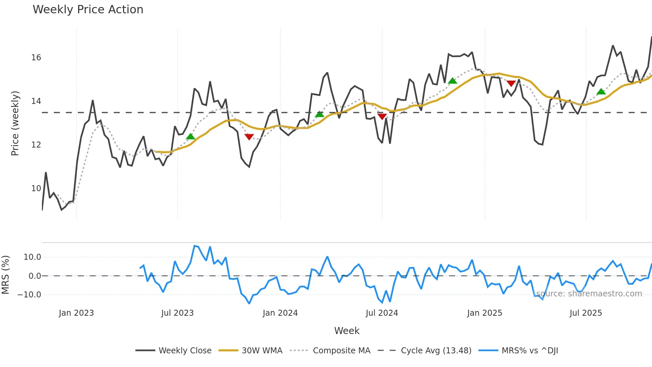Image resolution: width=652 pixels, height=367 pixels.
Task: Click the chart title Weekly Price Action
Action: pos(88,10)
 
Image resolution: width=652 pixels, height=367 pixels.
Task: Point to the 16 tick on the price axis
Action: pos(36,58)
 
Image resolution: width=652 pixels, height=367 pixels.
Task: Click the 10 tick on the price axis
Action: pos(36,188)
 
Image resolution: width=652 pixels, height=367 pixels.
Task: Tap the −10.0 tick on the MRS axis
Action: pos(29,295)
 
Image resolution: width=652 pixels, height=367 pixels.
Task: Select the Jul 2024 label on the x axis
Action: pos(382,313)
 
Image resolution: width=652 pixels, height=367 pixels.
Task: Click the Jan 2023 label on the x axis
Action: pos(76,313)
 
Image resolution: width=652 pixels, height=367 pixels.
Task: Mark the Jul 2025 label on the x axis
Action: pos(585,313)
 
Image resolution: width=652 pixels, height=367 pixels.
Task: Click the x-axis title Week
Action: pos(347,331)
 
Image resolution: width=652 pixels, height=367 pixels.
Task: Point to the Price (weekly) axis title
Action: pos(15,123)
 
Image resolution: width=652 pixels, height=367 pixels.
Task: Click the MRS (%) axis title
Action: pos(5,275)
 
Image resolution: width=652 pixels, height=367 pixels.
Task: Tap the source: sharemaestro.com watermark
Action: pos(589,294)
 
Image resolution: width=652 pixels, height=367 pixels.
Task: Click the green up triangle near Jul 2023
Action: pos(190,137)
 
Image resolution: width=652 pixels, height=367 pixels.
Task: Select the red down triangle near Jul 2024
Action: pos(382,116)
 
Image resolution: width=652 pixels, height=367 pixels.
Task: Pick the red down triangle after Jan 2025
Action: pos(511,83)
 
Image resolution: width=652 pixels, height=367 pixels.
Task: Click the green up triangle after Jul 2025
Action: pos(601,92)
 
